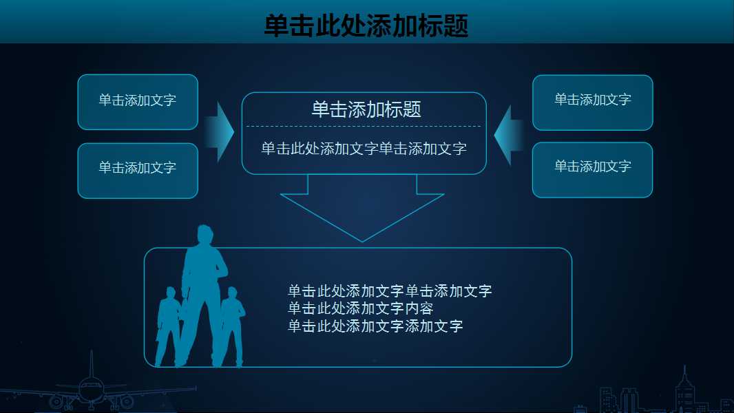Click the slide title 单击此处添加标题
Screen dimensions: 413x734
[x=366, y=26]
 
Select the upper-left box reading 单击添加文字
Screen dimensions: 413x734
[x=138, y=101]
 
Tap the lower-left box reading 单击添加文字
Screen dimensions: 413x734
[x=138, y=169]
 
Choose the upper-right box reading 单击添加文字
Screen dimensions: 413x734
[x=593, y=101]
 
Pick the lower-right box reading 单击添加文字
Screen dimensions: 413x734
[x=593, y=168]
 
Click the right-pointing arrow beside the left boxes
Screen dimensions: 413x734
[x=222, y=132]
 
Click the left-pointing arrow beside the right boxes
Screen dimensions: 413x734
[x=507, y=135]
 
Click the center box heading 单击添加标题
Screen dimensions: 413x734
[x=366, y=109]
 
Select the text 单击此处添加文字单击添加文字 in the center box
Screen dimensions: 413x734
[x=364, y=149]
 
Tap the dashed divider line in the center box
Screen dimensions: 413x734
[x=364, y=126]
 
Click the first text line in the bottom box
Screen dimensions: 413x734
[x=390, y=291]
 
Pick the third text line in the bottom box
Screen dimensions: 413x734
[x=375, y=326]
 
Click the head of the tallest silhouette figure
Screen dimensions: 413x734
[x=205, y=234]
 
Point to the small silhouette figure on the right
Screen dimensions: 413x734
[x=232, y=324]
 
